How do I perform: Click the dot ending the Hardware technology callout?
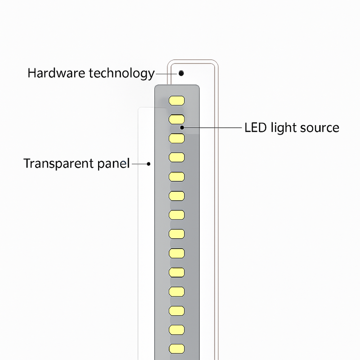pos(181,72)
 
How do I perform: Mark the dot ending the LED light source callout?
pos(182,128)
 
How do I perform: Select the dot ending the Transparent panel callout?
pos(149,164)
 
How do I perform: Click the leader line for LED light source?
pos(211,128)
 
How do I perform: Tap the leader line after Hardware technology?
pos(166,72)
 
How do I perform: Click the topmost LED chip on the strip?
pos(177,99)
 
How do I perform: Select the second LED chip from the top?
pos(177,119)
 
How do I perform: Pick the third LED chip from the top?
pos(177,138)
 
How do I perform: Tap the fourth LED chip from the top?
pos(177,157)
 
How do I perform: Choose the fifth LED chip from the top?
pos(177,176)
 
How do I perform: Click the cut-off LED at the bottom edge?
pos(177,349)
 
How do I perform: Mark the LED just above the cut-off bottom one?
pos(177,330)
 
